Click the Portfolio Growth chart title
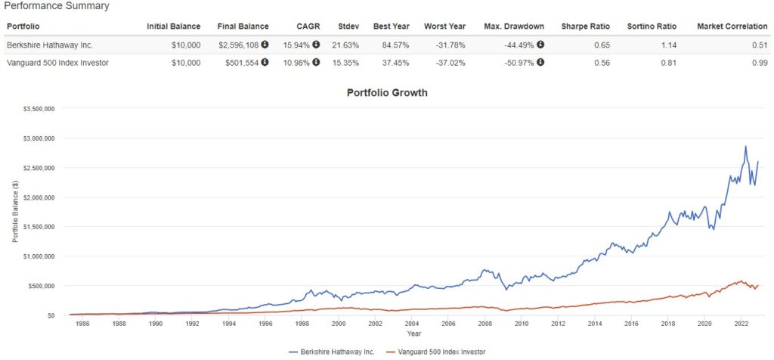387,93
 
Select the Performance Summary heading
57,6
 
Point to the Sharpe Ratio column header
583,26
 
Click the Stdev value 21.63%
345,45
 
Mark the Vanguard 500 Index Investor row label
57,63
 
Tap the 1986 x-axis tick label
82,323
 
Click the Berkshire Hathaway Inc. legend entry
333,352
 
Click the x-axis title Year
413,333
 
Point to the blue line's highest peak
745,146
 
